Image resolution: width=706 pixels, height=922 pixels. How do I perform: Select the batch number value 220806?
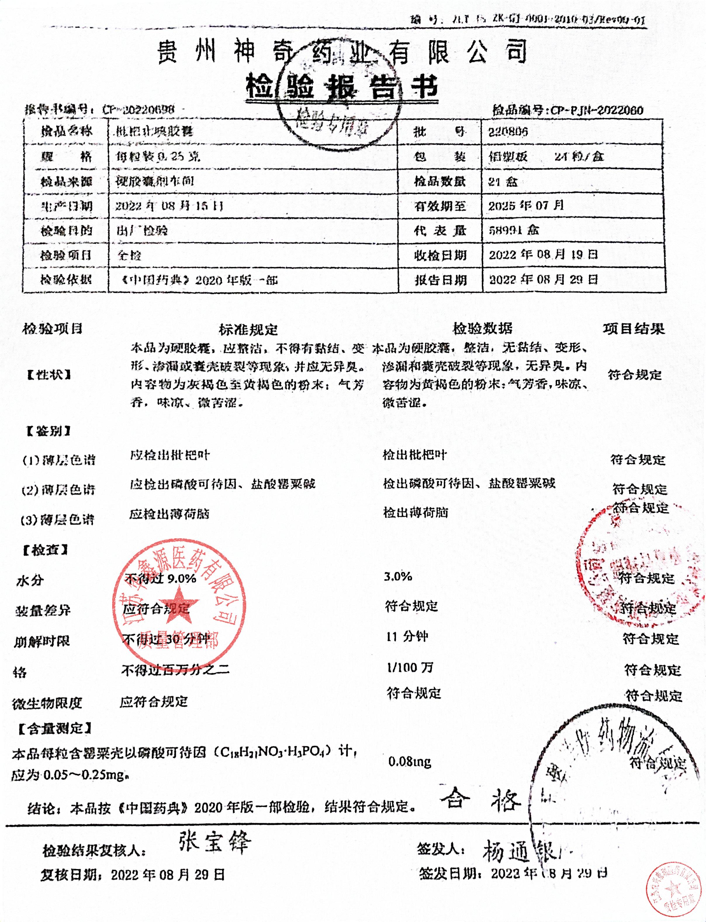[x=508, y=132]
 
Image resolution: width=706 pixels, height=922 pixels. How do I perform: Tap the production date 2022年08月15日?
[x=169, y=206]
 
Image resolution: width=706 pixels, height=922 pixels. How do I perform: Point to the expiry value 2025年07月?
[x=526, y=206]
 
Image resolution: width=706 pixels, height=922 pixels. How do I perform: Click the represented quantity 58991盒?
[x=513, y=230]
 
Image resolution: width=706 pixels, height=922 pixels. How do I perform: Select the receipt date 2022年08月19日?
[x=543, y=254]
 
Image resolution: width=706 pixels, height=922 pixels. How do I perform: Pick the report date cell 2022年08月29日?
[x=543, y=279]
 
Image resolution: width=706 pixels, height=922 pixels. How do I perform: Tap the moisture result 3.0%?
[x=397, y=576]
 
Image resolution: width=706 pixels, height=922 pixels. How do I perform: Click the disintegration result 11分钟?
[x=407, y=637]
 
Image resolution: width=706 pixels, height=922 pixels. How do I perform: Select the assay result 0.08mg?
[x=410, y=761]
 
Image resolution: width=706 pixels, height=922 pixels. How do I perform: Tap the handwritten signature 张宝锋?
[x=214, y=842]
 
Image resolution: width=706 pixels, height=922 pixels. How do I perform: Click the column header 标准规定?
[x=248, y=329]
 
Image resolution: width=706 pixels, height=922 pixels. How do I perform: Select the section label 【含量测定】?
[x=55, y=728]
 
